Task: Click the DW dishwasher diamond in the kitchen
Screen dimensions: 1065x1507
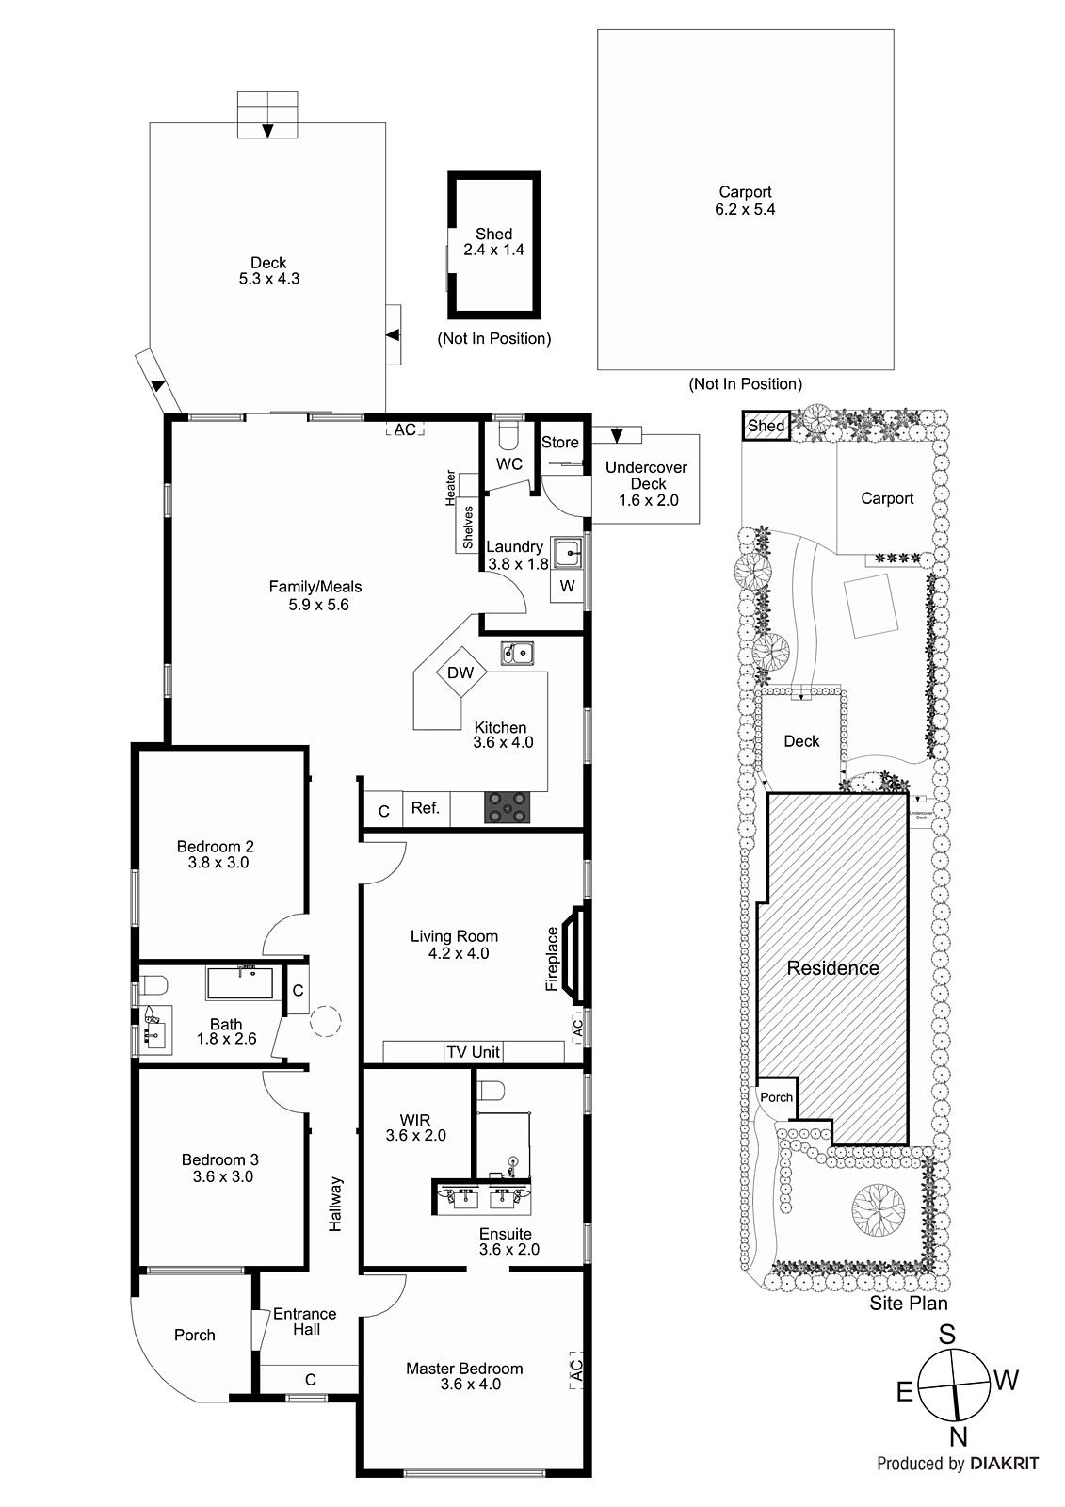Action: (x=460, y=672)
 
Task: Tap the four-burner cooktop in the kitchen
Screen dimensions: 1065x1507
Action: (x=507, y=807)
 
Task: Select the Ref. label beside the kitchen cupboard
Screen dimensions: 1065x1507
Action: (x=426, y=807)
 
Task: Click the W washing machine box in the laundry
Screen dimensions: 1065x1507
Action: (x=567, y=586)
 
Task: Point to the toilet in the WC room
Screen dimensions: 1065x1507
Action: (x=508, y=437)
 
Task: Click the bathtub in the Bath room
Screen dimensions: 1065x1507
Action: (x=240, y=983)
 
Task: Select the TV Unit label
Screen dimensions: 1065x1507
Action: (x=473, y=1052)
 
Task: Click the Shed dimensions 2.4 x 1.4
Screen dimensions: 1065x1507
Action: (x=493, y=250)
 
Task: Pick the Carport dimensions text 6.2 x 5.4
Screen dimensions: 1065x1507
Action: (x=745, y=209)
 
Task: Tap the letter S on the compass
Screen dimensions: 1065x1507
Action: (x=947, y=1335)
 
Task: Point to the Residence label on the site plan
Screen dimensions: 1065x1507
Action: (x=833, y=968)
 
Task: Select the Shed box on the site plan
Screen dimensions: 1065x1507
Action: (x=766, y=427)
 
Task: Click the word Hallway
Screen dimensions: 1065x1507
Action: (x=336, y=1205)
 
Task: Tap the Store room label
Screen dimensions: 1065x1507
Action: (x=559, y=442)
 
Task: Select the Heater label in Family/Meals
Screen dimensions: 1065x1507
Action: (x=450, y=489)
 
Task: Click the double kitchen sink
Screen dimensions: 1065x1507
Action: (x=517, y=654)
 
